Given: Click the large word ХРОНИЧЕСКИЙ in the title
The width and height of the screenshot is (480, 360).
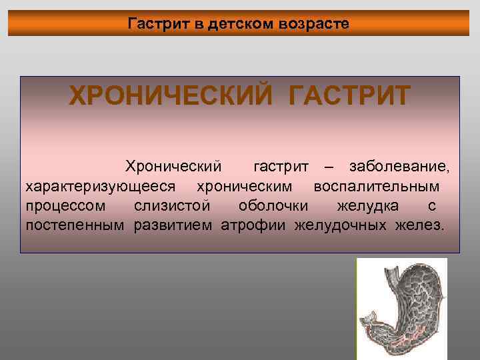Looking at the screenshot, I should [x=171, y=95].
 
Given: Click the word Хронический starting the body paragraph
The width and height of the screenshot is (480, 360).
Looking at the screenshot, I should [x=173, y=165].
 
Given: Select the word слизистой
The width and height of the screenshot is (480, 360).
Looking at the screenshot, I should [x=172, y=205].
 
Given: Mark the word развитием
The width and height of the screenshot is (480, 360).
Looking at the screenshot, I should [x=173, y=225].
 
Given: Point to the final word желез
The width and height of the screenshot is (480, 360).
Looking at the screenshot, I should [x=419, y=225].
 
